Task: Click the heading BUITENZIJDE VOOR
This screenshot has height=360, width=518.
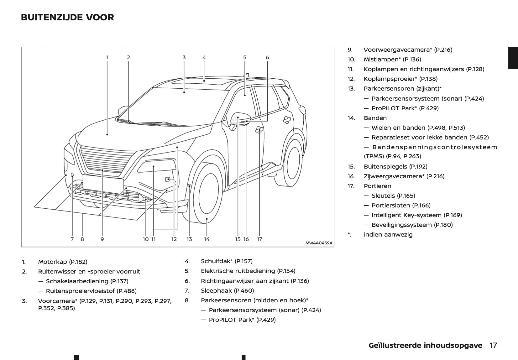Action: [x=67, y=17]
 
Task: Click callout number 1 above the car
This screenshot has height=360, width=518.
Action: [x=107, y=57]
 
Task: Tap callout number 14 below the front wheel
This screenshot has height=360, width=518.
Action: [x=207, y=239]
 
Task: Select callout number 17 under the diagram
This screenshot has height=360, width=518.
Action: [x=259, y=239]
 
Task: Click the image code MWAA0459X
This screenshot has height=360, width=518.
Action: [x=319, y=243]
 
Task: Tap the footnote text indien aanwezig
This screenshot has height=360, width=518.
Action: [x=388, y=235]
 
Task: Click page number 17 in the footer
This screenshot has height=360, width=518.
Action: [x=493, y=345]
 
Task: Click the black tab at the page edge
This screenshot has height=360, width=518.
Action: [x=513, y=58]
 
